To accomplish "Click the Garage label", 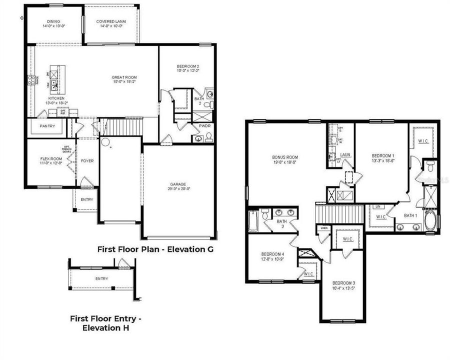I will tap(179, 186).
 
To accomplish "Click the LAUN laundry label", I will tap(346, 155).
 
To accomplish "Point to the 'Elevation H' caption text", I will tap(105, 327).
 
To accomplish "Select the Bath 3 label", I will tap(281, 224).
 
